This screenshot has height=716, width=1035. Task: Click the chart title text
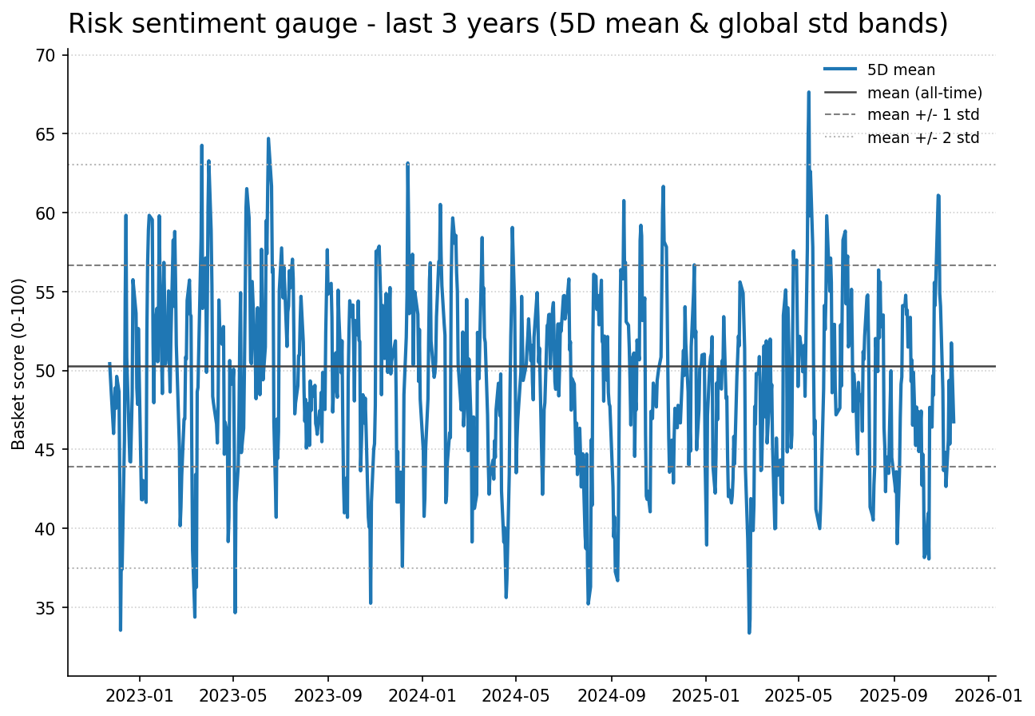tap(508, 24)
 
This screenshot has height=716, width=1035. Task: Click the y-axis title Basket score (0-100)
tap(19, 364)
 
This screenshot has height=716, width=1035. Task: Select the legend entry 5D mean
tap(901, 70)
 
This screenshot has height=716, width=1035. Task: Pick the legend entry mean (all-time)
tap(924, 93)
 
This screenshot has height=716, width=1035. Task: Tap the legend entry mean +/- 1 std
tap(922, 115)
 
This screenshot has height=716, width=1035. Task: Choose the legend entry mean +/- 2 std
tap(922, 137)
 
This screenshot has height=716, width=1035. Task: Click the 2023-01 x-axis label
tap(139, 695)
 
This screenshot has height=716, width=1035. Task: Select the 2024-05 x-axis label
tap(516, 695)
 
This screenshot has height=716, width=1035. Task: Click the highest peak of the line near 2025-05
tap(808, 92)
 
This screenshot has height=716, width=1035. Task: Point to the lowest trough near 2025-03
tap(749, 632)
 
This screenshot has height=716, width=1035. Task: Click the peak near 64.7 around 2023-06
tap(268, 138)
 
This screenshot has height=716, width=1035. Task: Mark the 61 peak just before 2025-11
tap(938, 195)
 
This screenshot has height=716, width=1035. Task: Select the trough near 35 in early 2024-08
tap(588, 603)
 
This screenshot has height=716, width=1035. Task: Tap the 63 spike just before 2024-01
tap(407, 163)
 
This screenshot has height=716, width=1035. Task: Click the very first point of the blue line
tap(109, 364)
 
